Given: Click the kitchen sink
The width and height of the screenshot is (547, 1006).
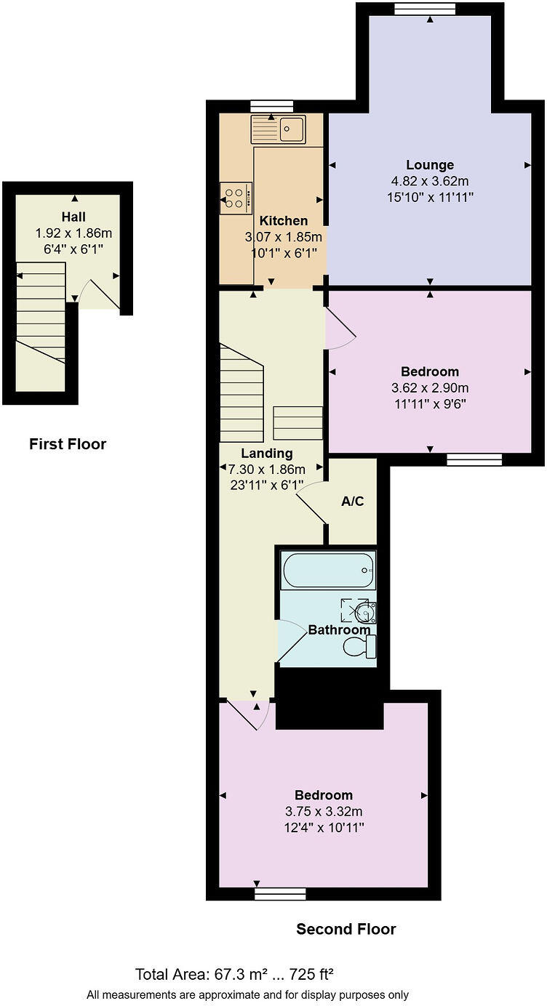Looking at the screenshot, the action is point(278,129).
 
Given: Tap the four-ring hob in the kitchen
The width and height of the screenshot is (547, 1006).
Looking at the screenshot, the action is point(236,198).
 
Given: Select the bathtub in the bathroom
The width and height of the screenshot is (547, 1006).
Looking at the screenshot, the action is point(328,571).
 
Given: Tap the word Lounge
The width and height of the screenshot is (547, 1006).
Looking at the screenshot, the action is point(430,165).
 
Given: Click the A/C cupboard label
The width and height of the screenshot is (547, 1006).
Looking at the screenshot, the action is point(352,501).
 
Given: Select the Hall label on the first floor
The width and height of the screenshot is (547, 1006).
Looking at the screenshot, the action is point(73,217).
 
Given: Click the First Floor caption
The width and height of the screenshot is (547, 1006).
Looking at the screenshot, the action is point(68,443).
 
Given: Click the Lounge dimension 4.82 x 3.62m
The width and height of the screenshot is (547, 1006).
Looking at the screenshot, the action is point(430,181).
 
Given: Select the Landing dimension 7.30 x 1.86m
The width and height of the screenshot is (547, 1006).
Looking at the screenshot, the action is point(266,470).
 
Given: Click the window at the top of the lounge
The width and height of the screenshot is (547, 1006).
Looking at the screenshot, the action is point(425,9).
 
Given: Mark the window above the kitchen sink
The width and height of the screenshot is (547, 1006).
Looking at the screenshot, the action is point(272,106).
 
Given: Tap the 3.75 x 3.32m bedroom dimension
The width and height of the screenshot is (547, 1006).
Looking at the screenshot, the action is point(324,811).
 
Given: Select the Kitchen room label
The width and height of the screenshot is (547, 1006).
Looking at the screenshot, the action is point(284,220).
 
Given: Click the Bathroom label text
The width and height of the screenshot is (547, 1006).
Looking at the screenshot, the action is point(340,629).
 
